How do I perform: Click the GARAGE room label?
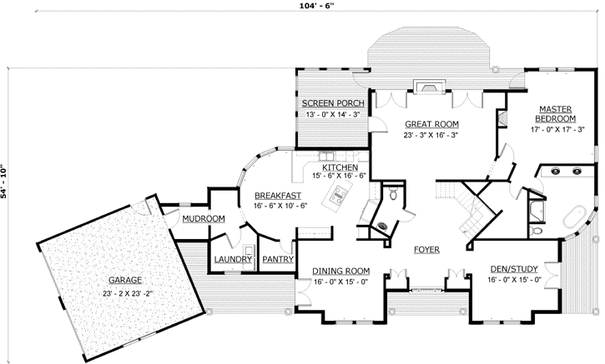[123, 280]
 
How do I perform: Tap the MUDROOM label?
[204, 219]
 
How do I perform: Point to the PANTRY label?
[275, 259]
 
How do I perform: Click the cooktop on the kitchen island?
[339, 197]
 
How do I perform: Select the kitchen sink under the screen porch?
[325, 155]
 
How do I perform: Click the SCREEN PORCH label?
[330, 103]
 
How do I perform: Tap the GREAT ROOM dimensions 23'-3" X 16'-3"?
[431, 135]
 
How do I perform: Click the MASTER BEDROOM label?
[554, 113]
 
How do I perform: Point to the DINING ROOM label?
[340, 272]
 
